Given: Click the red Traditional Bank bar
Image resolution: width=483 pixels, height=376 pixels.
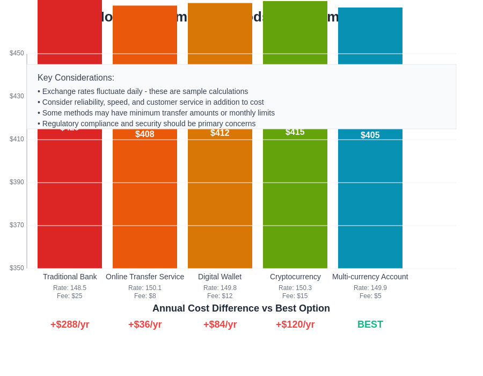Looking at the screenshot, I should [70, 199].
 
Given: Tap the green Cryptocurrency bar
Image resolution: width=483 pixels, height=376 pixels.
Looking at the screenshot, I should [295, 199].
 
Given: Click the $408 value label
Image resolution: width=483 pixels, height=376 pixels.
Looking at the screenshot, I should [145, 134].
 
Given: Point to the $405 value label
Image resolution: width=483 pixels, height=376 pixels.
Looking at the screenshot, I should [370, 135].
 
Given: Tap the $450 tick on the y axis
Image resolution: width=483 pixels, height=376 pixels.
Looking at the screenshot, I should [17, 53].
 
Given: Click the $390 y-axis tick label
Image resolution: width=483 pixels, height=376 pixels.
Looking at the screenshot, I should [17, 182].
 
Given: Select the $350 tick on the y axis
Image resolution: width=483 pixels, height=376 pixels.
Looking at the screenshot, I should [17, 268].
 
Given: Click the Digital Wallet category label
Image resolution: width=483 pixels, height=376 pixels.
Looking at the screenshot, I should [220, 277].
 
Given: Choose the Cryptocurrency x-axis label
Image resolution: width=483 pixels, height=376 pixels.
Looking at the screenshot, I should [295, 277].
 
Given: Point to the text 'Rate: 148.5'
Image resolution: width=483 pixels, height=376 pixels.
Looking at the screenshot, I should [70, 288].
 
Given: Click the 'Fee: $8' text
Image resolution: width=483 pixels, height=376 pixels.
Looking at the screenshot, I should [145, 296].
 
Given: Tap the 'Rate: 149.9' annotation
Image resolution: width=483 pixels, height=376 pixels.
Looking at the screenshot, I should [370, 288].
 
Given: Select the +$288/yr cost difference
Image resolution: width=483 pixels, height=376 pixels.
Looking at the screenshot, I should [70, 324].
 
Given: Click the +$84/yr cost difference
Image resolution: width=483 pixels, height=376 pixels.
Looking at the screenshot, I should [220, 324].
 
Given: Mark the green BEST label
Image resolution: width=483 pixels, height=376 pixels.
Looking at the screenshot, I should [370, 324].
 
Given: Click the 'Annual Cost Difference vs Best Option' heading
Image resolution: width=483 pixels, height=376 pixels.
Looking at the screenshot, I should [241, 308].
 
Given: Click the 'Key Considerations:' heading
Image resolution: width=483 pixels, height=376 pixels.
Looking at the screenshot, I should [76, 78].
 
